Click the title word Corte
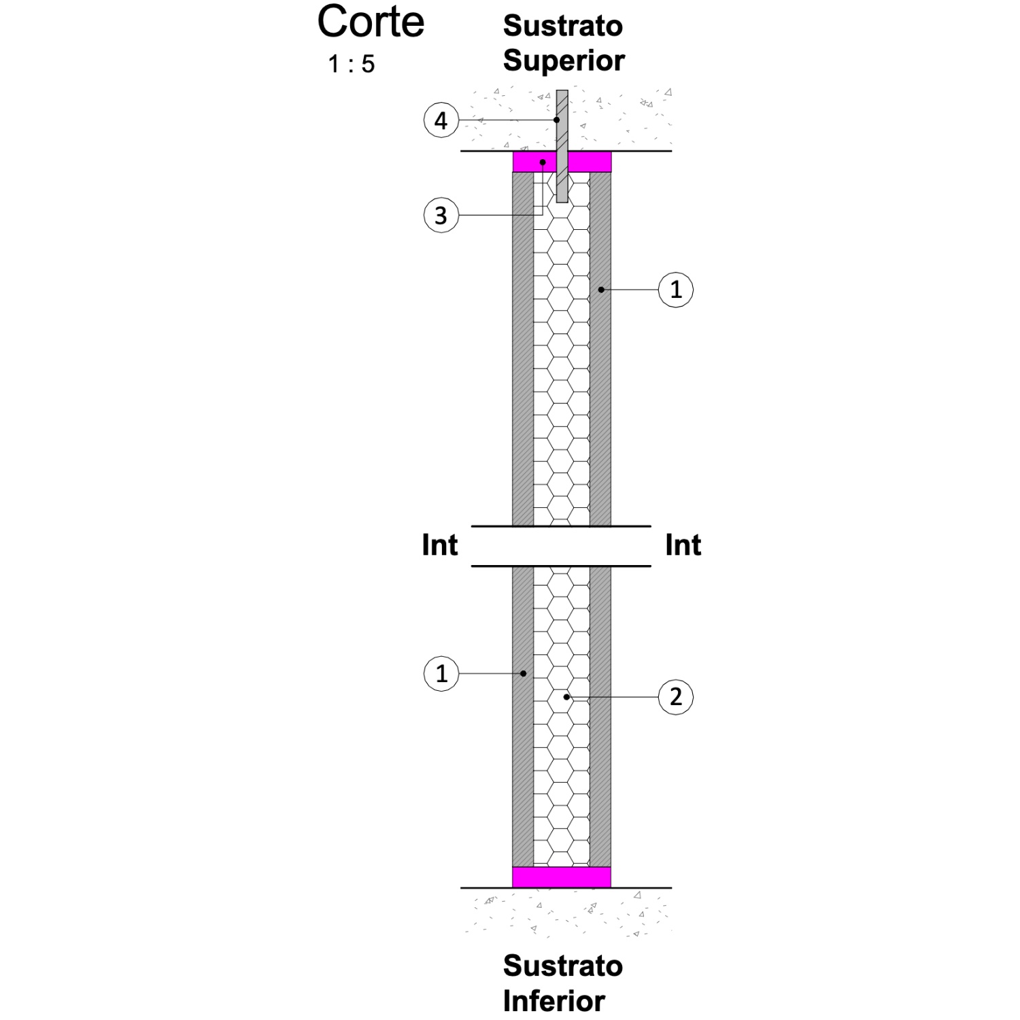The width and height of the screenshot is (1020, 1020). (x=371, y=22)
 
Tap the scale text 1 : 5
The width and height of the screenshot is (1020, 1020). (x=352, y=64)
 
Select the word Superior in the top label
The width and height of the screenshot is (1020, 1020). (x=564, y=61)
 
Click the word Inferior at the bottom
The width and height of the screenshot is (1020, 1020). (x=554, y=1001)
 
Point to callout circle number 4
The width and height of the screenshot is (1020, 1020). (x=441, y=121)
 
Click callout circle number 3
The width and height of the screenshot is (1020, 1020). (x=441, y=216)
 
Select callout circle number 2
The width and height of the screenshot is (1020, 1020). (x=676, y=697)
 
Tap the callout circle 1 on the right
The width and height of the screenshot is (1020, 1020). (x=676, y=290)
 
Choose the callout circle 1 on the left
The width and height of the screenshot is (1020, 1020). (x=441, y=674)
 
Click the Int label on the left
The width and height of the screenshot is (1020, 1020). (x=440, y=545)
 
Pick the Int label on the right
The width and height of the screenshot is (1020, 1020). (x=683, y=545)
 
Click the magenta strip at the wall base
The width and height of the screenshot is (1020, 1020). (x=562, y=877)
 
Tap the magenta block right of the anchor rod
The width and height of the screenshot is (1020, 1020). (x=590, y=162)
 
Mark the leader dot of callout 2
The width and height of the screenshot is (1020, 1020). (x=566, y=697)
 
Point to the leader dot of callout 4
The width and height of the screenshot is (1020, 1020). (x=557, y=120)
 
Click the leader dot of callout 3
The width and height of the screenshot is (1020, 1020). (x=543, y=163)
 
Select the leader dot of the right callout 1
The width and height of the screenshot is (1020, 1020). (x=601, y=290)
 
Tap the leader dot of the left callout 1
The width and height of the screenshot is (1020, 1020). (x=523, y=674)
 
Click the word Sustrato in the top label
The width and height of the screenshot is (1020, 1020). (x=563, y=26)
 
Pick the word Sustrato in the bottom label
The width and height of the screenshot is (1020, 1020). (x=563, y=966)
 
